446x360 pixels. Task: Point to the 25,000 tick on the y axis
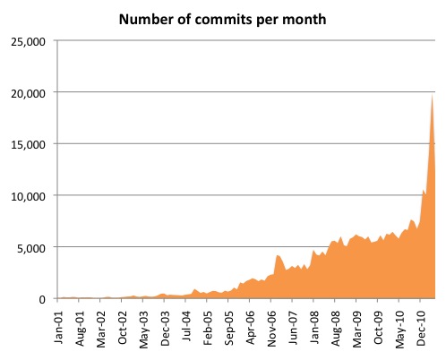(x=30, y=40)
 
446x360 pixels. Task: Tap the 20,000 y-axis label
(x=30, y=92)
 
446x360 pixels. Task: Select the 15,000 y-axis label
(x=30, y=143)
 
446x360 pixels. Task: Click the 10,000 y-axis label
(x=30, y=195)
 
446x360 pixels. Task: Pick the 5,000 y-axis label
(x=32, y=247)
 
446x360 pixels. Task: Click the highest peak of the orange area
(x=433, y=94)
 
